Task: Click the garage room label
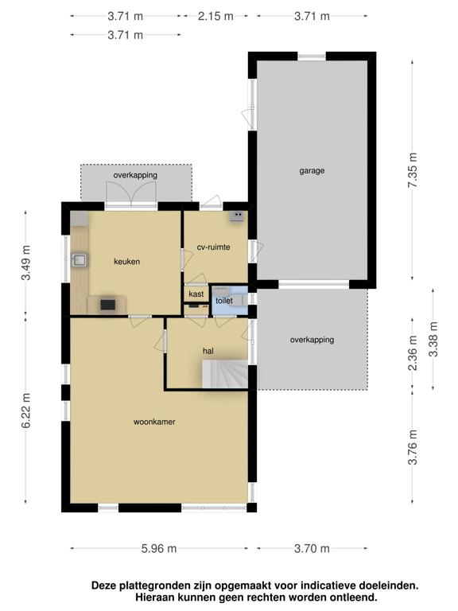click(312, 170)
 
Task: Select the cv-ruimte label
click(213, 247)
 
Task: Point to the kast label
click(196, 294)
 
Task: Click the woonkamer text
click(154, 422)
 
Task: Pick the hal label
click(208, 350)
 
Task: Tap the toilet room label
click(223, 302)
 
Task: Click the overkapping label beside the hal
click(312, 340)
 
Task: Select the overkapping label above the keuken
click(135, 175)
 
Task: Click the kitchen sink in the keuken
click(79, 259)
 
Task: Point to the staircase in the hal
click(222, 373)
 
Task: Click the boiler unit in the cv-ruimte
click(237, 215)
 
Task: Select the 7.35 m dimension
click(412, 169)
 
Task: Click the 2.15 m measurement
click(215, 16)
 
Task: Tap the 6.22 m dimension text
click(26, 412)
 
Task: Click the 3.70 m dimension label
click(312, 548)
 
